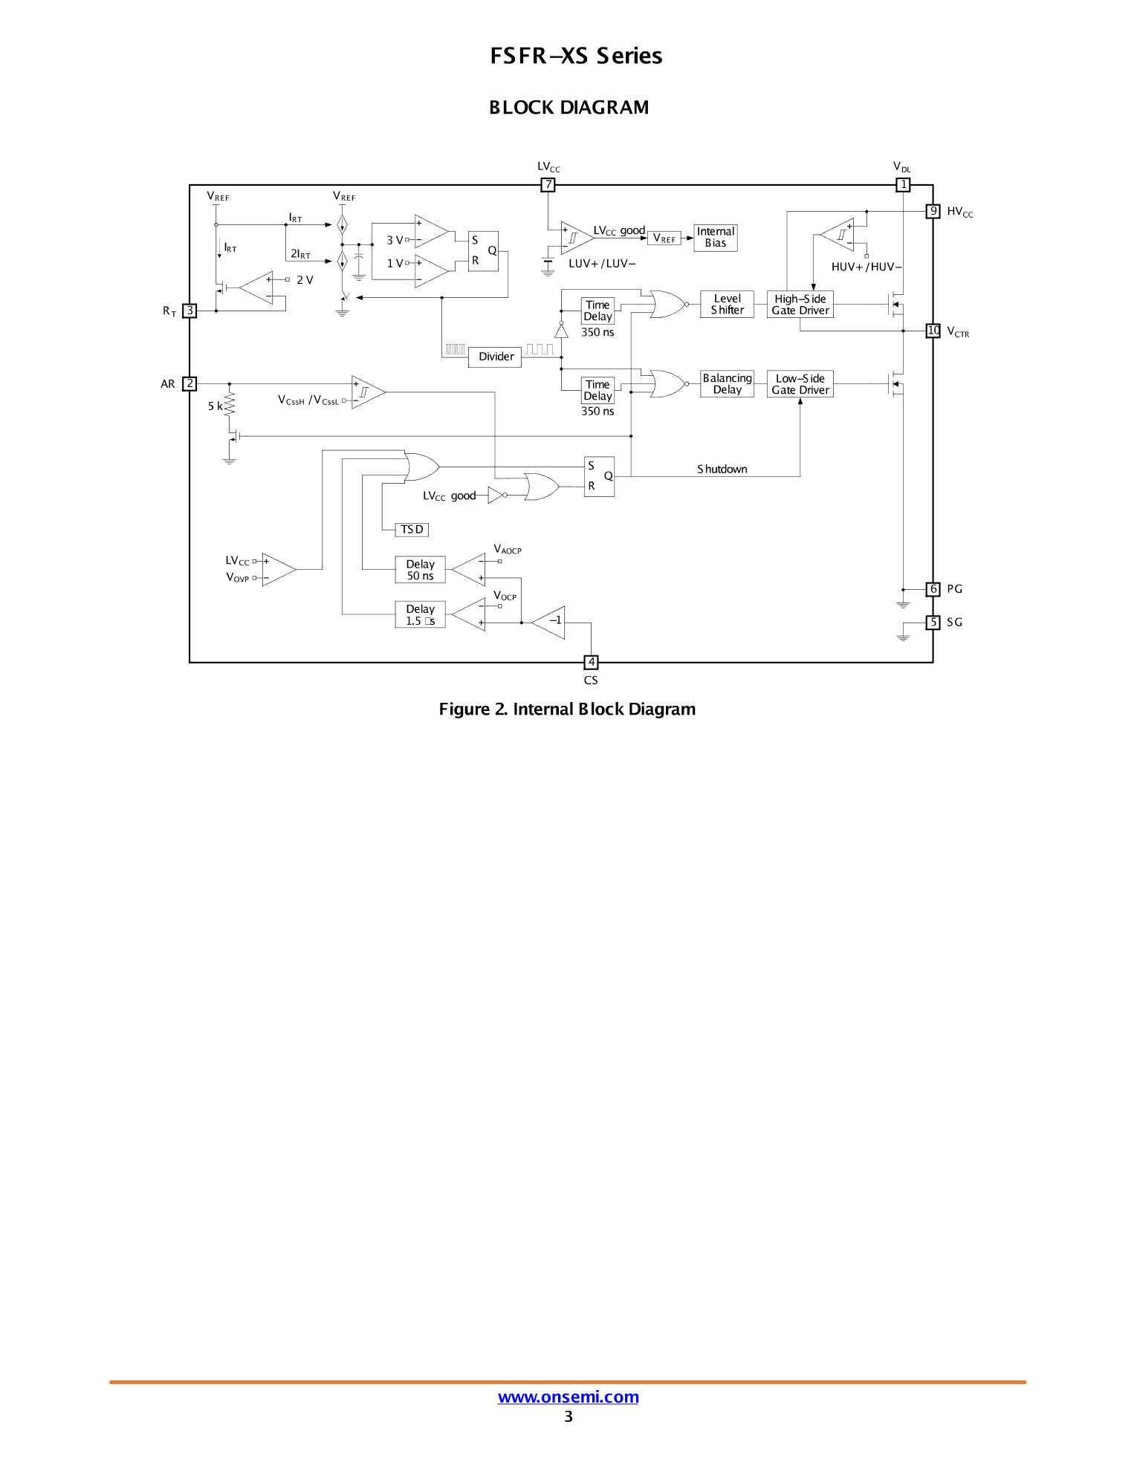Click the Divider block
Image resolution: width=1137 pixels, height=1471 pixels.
coord(496,357)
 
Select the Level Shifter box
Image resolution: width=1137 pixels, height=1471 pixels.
coord(727,305)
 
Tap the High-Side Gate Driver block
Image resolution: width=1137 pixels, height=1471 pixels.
coord(800,305)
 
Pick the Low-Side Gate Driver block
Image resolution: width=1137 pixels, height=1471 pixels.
coord(800,384)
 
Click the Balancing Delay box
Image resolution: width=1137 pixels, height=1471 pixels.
coord(727,384)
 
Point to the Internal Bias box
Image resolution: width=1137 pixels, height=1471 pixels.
coord(715,238)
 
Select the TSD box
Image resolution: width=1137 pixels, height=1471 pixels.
coord(412,530)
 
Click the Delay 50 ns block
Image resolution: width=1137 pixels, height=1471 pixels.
coord(420,570)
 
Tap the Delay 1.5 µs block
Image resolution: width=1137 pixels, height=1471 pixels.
coord(420,614)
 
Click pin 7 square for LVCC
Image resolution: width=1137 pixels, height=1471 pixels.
coord(548,185)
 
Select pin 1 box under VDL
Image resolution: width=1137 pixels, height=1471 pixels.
coord(903,185)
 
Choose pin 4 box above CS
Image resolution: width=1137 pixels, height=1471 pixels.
coord(591,662)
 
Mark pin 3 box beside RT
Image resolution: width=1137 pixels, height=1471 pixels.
coord(190,311)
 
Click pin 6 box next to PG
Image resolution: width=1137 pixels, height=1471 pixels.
coord(933,589)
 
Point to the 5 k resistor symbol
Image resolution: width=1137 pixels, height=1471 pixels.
coord(230,406)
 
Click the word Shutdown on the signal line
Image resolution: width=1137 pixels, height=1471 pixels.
coord(722,470)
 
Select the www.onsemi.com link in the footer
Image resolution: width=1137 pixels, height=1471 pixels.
coord(568,1397)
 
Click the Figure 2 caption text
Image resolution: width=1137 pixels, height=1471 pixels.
coord(567,709)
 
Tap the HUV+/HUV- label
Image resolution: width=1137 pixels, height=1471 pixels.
coord(866,267)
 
